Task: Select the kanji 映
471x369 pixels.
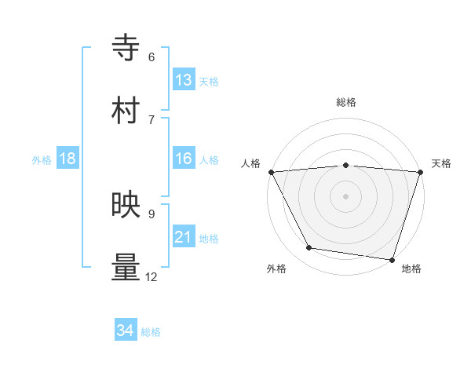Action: (126, 205)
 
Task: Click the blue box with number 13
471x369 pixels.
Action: (184, 80)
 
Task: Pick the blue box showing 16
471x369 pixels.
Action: (184, 159)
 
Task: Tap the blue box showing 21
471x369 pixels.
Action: (184, 237)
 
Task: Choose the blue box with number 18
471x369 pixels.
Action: (68, 159)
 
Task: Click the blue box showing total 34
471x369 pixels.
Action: (126, 331)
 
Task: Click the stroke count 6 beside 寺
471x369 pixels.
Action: (152, 57)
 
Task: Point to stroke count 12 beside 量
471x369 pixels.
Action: (151, 277)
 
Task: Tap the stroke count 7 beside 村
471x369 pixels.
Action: (152, 119)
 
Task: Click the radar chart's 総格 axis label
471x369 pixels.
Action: (345, 102)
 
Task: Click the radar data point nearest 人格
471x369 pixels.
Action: (271, 172)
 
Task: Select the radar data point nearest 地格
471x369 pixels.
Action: (392, 259)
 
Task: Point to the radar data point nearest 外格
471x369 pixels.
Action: (310, 248)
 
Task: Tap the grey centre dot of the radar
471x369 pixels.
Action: (345, 196)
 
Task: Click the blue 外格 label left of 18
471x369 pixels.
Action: (42, 160)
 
